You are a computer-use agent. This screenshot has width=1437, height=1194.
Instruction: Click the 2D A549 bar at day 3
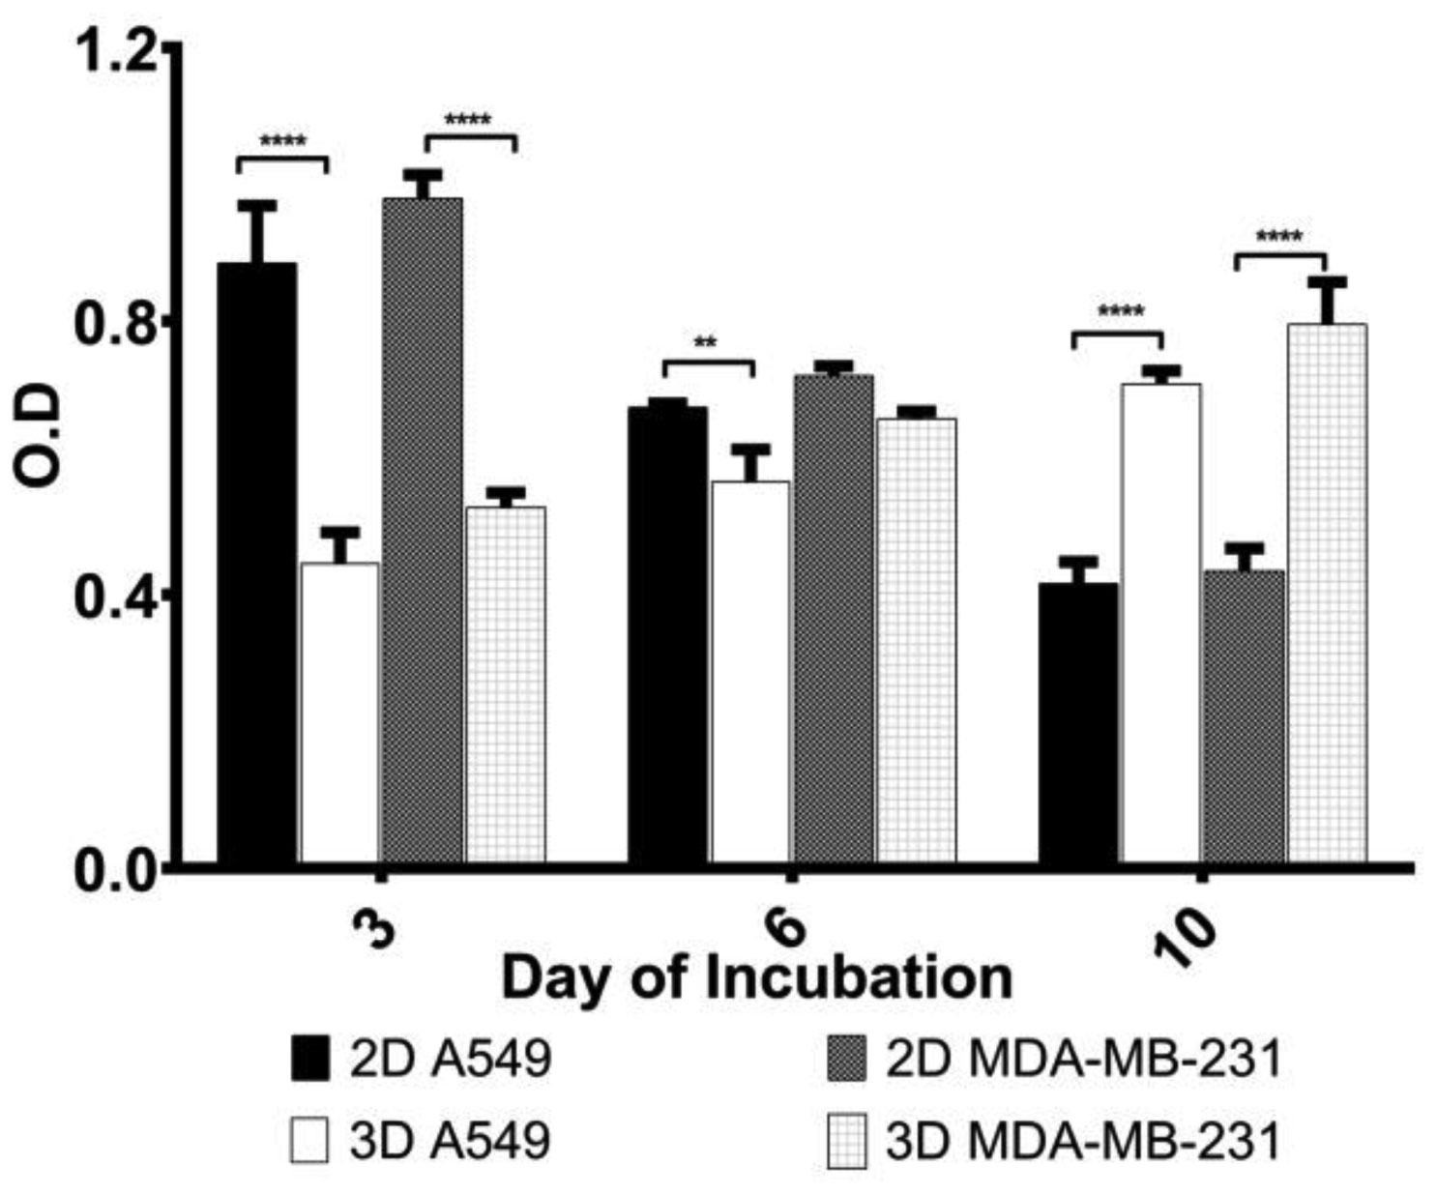click(256, 561)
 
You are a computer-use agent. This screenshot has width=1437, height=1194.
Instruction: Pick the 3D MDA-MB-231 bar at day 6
click(916, 638)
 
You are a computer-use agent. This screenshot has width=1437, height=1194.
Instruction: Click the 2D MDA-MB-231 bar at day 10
click(1244, 715)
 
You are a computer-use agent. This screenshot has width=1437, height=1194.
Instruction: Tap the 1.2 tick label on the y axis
click(115, 50)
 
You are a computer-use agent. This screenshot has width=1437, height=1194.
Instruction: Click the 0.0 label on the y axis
click(115, 862)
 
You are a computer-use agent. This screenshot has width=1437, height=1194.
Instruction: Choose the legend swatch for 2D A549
click(309, 1059)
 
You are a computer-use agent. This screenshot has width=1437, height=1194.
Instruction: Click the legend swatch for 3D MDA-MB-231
click(845, 1141)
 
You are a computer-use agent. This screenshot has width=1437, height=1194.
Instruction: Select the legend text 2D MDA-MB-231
click(1082, 1059)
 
